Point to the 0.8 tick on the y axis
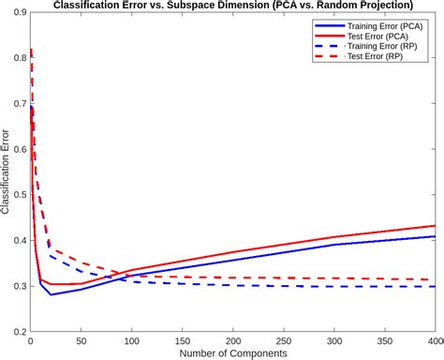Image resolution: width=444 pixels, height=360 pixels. click(x=18, y=58)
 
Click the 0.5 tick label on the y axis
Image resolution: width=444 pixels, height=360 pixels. click(x=18, y=195)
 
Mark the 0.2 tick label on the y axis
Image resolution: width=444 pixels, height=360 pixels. click(x=18, y=332)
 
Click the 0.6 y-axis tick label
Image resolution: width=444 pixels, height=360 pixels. click(x=18, y=149)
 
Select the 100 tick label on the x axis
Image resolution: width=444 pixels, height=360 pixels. click(x=131, y=341)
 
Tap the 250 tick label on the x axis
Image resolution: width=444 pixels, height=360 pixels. click(x=283, y=341)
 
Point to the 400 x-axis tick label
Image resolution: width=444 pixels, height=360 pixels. click(x=432, y=341)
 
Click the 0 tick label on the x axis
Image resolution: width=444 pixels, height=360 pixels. click(x=31, y=341)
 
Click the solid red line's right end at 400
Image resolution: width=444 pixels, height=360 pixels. click(x=435, y=226)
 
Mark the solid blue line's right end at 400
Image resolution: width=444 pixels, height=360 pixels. click(x=435, y=236)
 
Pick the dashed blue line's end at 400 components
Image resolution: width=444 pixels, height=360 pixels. click(x=435, y=287)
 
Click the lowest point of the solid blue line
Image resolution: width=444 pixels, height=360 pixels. click(x=51, y=295)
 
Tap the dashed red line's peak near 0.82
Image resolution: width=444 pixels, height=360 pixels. click(x=31, y=49)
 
